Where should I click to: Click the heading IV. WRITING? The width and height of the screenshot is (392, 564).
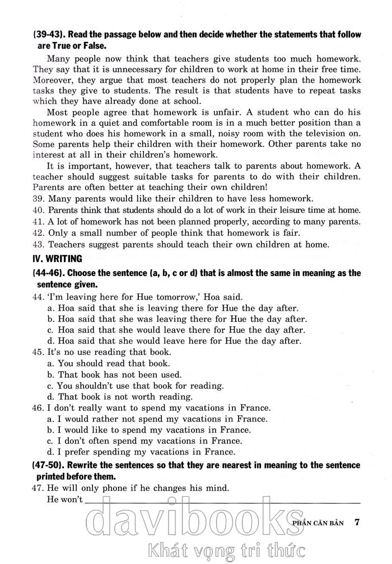coord(58,259)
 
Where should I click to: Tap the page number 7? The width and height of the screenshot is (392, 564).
coord(357,523)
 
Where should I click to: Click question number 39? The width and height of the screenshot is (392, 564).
coord(39,199)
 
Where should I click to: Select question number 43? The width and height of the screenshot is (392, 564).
coord(39,244)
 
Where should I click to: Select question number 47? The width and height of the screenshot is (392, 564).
coord(39,488)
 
